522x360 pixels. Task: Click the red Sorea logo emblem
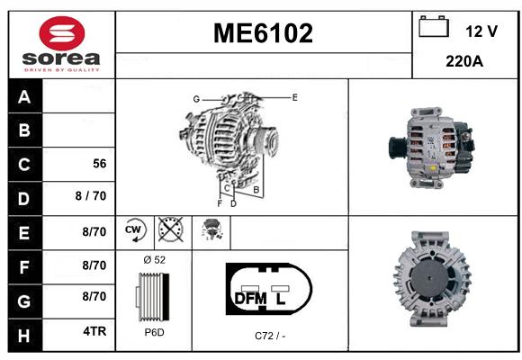tap(62, 33)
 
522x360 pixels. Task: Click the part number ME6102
tap(263, 33)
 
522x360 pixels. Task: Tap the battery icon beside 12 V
tap(434, 27)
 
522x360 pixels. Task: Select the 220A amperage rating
tap(464, 61)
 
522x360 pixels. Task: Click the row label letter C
tap(24, 165)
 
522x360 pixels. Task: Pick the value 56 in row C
tap(100, 164)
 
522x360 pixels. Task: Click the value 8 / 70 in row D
tap(91, 196)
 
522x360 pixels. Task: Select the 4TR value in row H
tap(94, 331)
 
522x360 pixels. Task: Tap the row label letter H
tap(24, 336)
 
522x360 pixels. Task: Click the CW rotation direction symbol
tap(135, 229)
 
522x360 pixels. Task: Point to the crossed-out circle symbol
tap(171, 229)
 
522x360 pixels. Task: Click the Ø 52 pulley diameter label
tap(155, 260)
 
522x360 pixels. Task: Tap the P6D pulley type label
tap(155, 332)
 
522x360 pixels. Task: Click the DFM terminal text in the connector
tap(251, 299)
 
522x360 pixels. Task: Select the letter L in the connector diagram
tap(280, 299)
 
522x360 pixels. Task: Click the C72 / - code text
tap(270, 336)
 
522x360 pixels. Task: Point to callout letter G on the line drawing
tap(196, 99)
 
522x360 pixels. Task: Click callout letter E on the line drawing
tap(294, 97)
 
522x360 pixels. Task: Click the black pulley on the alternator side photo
tap(398, 148)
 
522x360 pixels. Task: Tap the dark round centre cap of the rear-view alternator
tap(429, 278)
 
